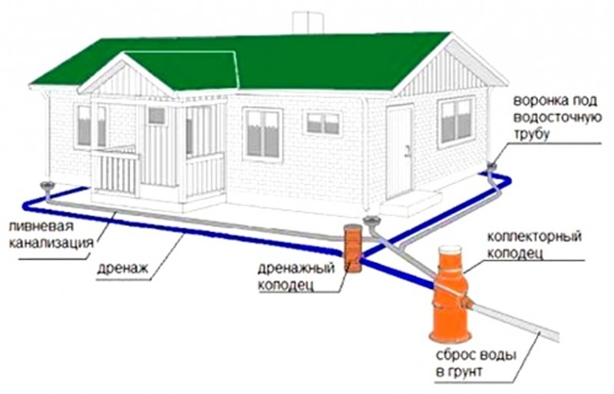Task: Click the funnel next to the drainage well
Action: click(374, 223)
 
